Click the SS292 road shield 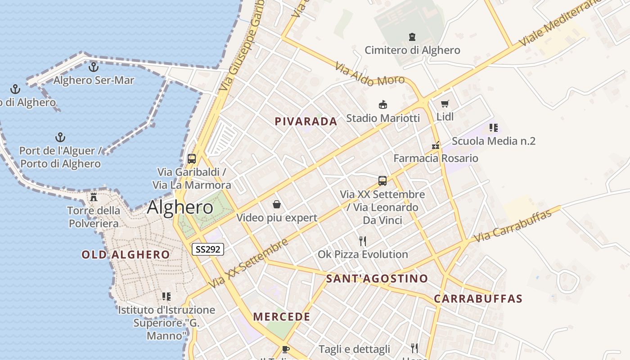(x=208, y=249)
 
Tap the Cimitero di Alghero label (x=412, y=50)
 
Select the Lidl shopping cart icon (x=445, y=104)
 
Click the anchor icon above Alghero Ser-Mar (x=94, y=67)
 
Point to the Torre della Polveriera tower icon (x=94, y=197)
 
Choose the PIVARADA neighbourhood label (x=306, y=121)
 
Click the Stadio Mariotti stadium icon (x=383, y=105)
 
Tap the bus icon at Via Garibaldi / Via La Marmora (x=192, y=158)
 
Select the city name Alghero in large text (x=180, y=207)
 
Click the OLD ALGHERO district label (x=126, y=255)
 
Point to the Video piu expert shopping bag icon (x=277, y=205)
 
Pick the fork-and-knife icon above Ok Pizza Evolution (x=363, y=241)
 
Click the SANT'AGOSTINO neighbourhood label (x=377, y=279)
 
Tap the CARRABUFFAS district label (x=478, y=299)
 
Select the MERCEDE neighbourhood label (x=282, y=317)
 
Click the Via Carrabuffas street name (x=513, y=225)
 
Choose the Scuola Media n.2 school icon (x=494, y=128)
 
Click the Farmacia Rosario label (x=436, y=158)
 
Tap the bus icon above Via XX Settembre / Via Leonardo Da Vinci (x=382, y=181)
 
